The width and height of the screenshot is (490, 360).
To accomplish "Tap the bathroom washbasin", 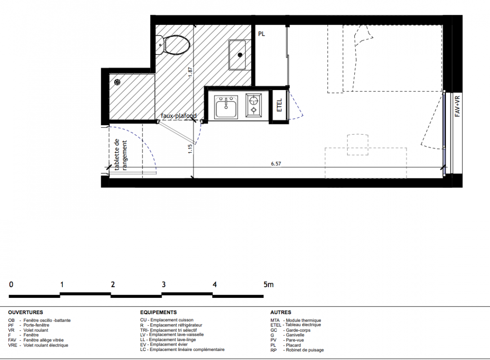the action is click(240, 55).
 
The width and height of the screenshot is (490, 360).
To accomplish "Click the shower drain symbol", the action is click(117, 82).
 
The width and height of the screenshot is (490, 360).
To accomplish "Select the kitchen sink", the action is click(226, 107).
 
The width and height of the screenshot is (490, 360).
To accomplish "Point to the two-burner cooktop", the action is click(254, 105).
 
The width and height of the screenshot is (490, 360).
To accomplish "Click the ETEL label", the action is click(279, 105).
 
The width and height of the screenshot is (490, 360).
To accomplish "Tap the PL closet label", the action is click(262, 34).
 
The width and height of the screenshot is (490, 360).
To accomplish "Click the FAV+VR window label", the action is click(457, 106).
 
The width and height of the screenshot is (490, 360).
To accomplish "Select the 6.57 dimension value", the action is click(276, 164).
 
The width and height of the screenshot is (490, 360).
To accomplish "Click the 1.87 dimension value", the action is click(190, 72).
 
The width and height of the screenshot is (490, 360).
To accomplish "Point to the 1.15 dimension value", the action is click(190, 148).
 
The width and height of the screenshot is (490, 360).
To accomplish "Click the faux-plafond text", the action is click(179, 116).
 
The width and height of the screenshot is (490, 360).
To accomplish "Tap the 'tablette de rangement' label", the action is click(120, 155).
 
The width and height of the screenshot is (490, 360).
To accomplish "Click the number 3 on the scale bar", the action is click(164, 284).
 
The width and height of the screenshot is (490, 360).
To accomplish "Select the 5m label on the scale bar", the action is click(268, 284).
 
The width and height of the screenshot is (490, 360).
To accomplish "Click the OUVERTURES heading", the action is click(26, 312).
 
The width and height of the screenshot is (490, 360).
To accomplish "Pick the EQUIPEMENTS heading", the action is click(158, 312).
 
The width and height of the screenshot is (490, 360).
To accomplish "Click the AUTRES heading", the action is click(281, 312).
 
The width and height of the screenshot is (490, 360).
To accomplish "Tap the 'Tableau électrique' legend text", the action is click(303, 325).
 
